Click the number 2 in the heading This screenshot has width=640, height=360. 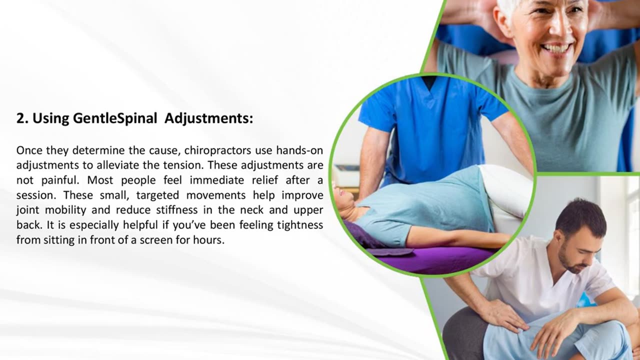click(20, 119)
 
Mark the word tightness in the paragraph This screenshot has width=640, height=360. click(296, 225)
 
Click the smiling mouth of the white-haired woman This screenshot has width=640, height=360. click(556, 48)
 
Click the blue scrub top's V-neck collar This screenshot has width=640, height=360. click(428, 84)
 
